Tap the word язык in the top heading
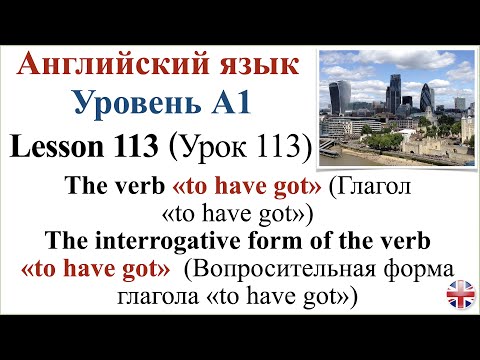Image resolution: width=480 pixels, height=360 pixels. point(256,67)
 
